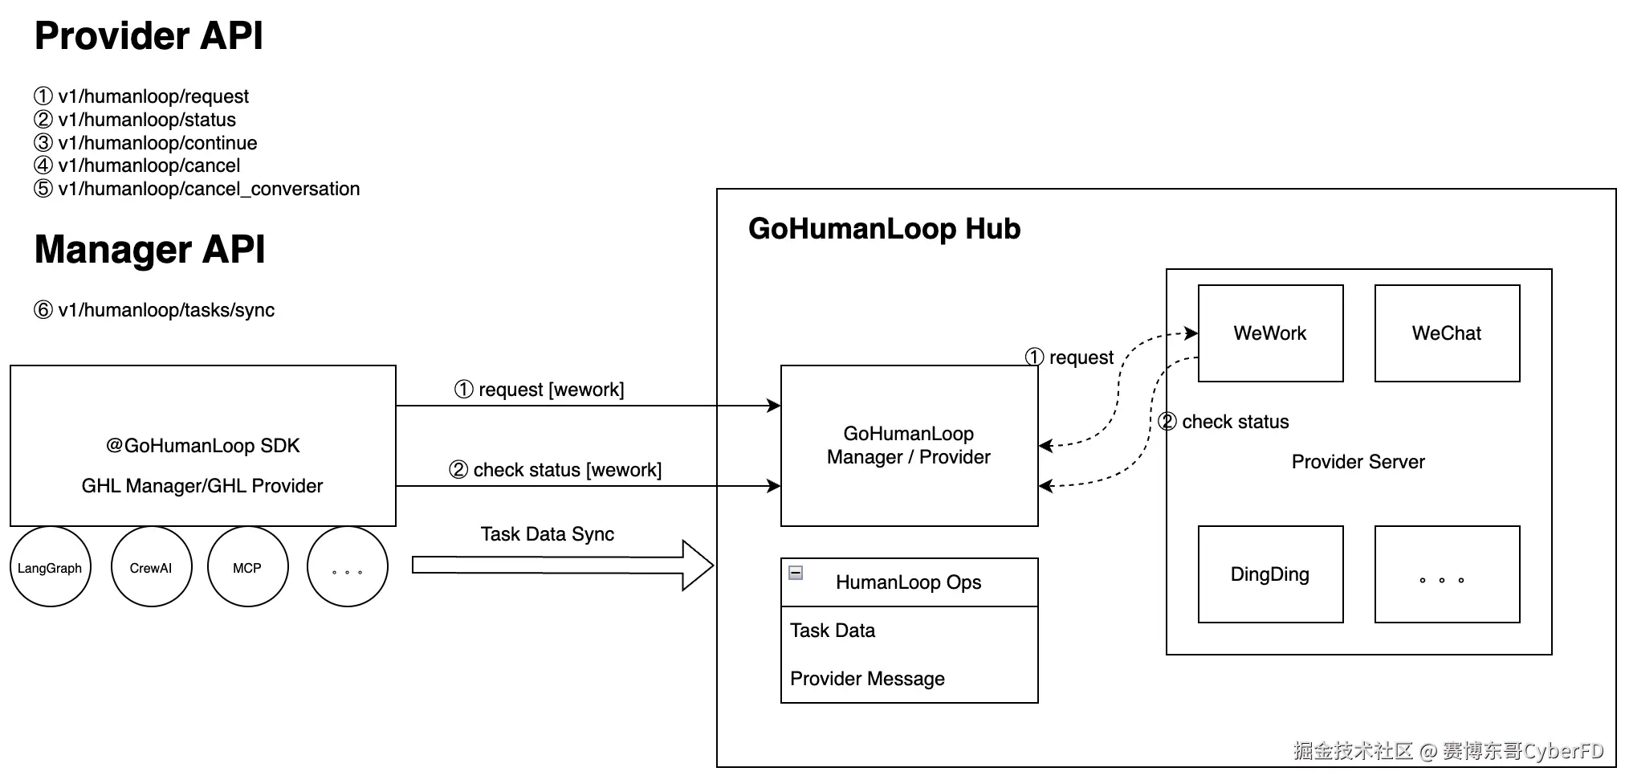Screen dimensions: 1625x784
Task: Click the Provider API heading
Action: (x=149, y=36)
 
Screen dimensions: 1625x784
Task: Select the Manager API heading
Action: (x=149, y=249)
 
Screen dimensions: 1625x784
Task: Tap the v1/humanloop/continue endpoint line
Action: (x=145, y=143)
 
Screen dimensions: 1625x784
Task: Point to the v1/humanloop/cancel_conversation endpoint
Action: (x=197, y=189)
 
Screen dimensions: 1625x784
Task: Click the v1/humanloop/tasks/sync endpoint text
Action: (x=154, y=310)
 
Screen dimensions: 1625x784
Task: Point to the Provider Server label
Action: (x=1358, y=462)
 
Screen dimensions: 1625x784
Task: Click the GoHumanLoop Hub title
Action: (x=884, y=229)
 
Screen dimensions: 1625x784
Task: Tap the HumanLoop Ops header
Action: (x=909, y=582)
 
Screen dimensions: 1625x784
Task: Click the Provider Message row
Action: (x=867, y=679)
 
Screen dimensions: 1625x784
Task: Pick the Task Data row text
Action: (x=833, y=631)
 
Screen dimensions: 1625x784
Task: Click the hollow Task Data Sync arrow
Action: (x=563, y=566)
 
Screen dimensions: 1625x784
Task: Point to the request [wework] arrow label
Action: (x=540, y=390)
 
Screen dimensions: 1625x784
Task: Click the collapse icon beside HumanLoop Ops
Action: (x=796, y=573)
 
